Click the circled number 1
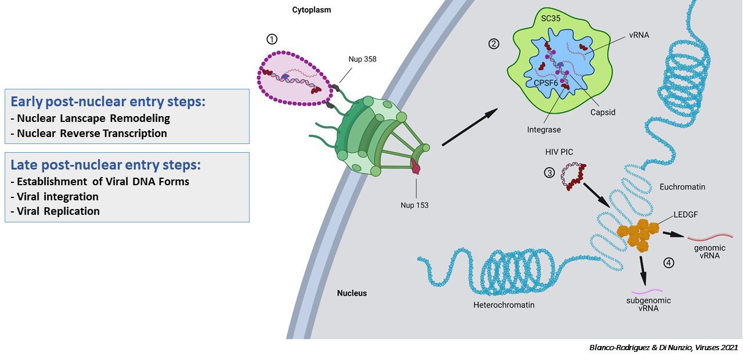tap(272, 39)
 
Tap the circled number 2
tap(493, 44)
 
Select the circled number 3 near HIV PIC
tap(550, 172)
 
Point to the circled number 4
tap(669, 262)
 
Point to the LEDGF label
tap(686, 214)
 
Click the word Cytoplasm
tap(312, 10)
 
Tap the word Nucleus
tap(352, 293)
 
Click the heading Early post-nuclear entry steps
tap(108, 102)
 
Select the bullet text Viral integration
tap(57, 196)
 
